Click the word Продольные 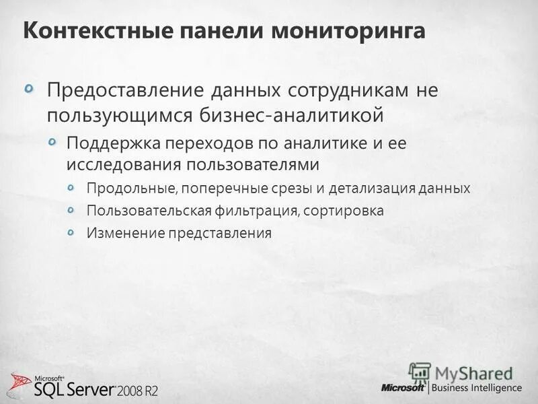[x=124, y=189]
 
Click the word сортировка [x=343, y=211]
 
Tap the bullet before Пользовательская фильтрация [x=73, y=210]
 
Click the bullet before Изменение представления [x=73, y=232]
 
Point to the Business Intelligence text [x=477, y=388]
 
